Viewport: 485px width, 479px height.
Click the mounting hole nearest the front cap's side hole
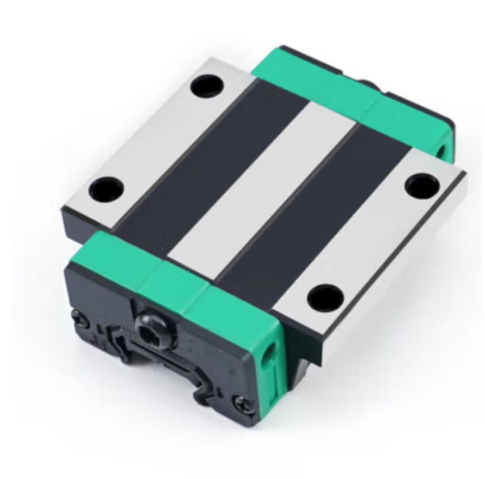tap(323, 296)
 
